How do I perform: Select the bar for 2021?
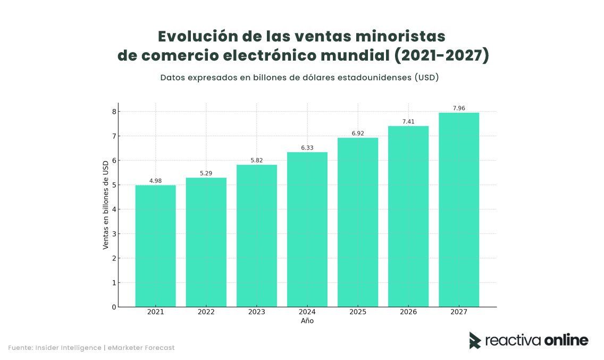click(x=155, y=246)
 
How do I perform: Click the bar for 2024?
click(x=307, y=229)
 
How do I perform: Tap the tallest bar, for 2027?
click(x=458, y=210)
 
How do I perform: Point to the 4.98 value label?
click(x=155, y=181)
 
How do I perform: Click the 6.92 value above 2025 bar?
click(x=357, y=133)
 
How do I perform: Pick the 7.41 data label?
click(x=408, y=122)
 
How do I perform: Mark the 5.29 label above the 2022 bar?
click(x=206, y=173)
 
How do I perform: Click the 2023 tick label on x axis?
click(x=256, y=312)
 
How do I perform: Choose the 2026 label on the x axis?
click(x=408, y=312)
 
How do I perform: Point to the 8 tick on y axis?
click(x=113, y=112)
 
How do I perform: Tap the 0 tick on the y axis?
click(x=113, y=307)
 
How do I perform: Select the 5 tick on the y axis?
click(x=113, y=185)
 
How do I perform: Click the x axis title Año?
click(x=307, y=321)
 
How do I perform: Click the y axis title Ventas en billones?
click(x=106, y=205)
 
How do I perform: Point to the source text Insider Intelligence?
click(x=68, y=348)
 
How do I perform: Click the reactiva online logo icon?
click(x=474, y=340)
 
